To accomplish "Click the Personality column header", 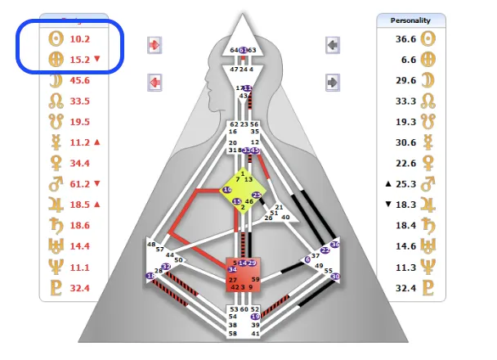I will (x=411, y=20).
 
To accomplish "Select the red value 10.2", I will (x=78, y=38).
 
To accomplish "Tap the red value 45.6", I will (x=80, y=80).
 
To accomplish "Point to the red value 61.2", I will (x=78, y=184).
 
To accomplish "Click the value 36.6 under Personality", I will (x=405, y=38).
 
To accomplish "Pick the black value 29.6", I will (x=405, y=80).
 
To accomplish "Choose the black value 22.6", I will (x=405, y=163).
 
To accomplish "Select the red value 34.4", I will (x=80, y=163).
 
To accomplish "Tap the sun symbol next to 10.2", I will (x=56, y=38).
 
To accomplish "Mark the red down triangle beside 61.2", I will (x=98, y=184).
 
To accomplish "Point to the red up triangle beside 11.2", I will (x=98, y=142).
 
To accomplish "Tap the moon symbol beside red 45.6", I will (x=56, y=80).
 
